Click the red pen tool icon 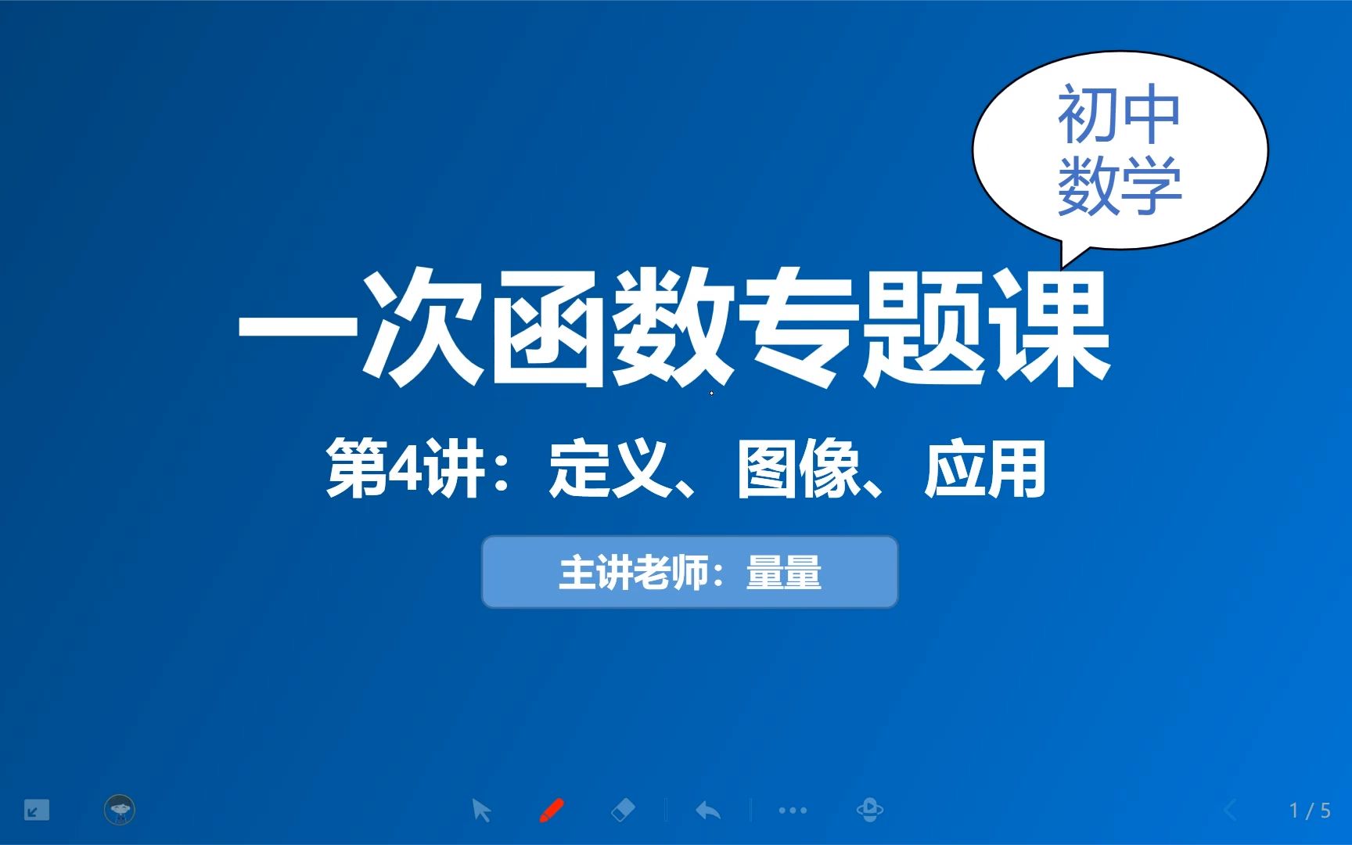pyautogui.click(x=552, y=810)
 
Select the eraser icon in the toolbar pyautogui.click(x=622, y=810)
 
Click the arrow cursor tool pyautogui.click(x=481, y=810)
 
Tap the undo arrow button pyautogui.click(x=708, y=810)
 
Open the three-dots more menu pyautogui.click(x=793, y=811)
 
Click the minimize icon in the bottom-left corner pyautogui.click(x=36, y=810)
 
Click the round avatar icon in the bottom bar pyautogui.click(x=120, y=810)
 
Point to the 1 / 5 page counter pyautogui.click(x=1310, y=811)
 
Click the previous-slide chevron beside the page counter pyautogui.click(x=1230, y=811)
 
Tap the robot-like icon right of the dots pyautogui.click(x=869, y=810)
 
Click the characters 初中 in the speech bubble pyautogui.click(x=1119, y=115)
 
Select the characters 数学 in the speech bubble pyautogui.click(x=1119, y=186)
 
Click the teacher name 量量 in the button pyautogui.click(x=784, y=572)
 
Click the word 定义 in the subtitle pyautogui.click(x=610, y=469)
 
